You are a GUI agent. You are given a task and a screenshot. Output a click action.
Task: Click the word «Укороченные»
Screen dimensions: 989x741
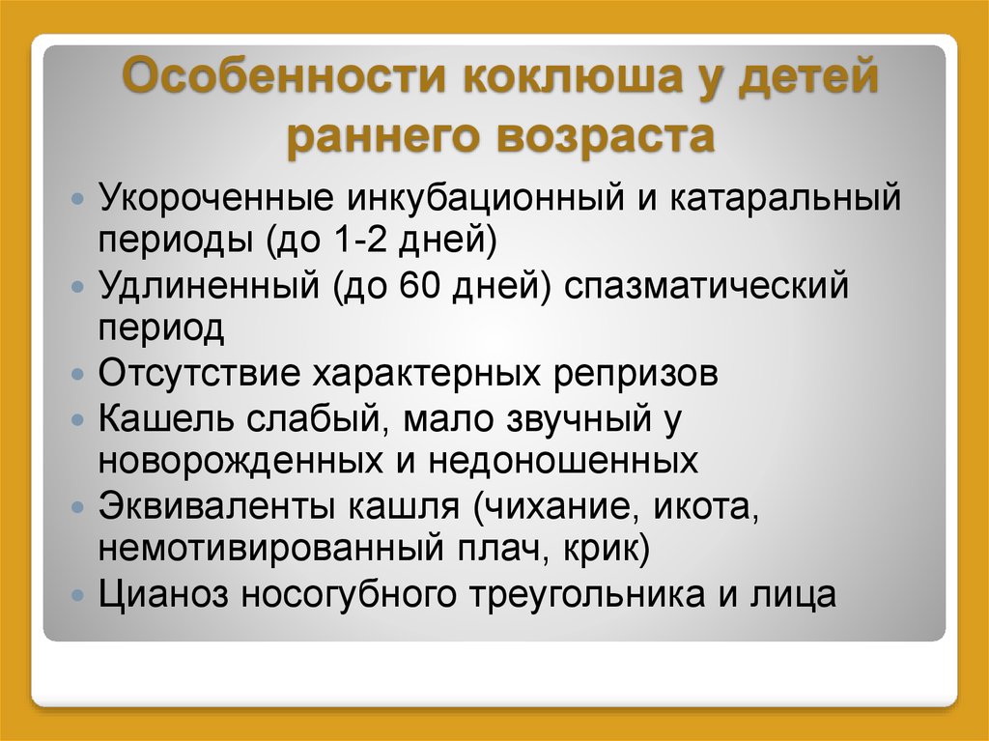click(x=215, y=197)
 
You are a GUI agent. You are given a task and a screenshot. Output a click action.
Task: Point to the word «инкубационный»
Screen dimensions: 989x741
click(x=485, y=198)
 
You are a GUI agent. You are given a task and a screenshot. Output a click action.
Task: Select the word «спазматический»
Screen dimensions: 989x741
click(x=706, y=286)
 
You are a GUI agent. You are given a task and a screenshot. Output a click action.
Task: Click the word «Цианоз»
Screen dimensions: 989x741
click(x=162, y=594)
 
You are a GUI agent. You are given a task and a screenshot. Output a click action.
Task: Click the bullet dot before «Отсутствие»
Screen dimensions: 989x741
click(x=77, y=374)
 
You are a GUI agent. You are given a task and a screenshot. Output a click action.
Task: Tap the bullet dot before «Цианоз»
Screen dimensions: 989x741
click(x=77, y=594)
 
